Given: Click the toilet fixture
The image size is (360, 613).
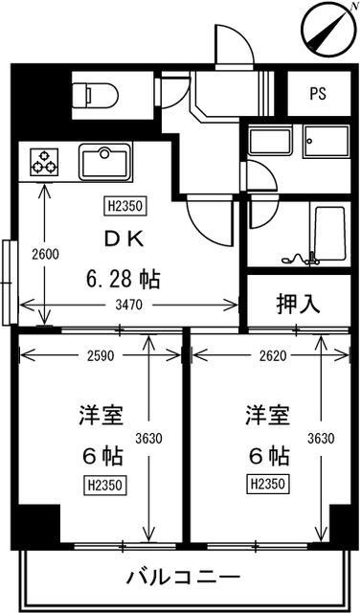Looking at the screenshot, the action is click(96, 94).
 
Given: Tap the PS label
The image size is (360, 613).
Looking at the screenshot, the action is click(318, 94).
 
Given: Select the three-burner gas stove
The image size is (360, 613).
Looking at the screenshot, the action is click(45, 161).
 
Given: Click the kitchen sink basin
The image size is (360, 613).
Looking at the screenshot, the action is click(104, 162).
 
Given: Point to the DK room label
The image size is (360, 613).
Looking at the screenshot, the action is click(124, 239).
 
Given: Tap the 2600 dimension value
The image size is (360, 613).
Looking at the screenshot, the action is click(45, 255).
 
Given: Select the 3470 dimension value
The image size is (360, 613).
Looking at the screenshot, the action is click(129, 305).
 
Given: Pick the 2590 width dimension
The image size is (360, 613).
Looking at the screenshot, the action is click(101, 355).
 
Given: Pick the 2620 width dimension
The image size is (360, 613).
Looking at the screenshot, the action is click(269, 355).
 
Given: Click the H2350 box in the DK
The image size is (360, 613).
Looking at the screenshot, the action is click(125, 206).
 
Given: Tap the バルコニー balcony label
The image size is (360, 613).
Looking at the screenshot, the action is click(183, 577).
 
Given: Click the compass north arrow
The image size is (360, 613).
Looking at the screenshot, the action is click(327, 29).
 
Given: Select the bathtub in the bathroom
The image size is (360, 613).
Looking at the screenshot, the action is click(330, 234).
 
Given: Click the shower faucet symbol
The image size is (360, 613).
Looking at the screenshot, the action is click(300, 258).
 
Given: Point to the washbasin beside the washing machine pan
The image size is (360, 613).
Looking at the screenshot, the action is click(271, 142).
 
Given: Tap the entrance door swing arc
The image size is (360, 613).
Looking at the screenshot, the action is click(235, 43).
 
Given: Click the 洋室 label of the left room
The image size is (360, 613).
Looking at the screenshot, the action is click(101, 416).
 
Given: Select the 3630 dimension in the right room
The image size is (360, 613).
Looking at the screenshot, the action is click(321, 439).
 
